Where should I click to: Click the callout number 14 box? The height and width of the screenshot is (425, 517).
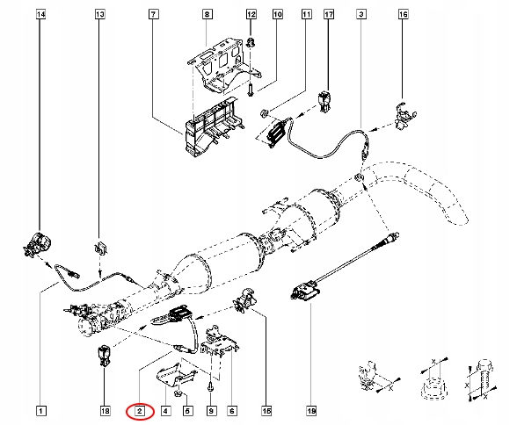pyautogui.click(x=40, y=16)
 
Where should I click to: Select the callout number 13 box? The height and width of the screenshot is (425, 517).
pyautogui.click(x=99, y=16)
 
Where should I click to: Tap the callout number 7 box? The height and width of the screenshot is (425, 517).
pyautogui.click(x=154, y=16)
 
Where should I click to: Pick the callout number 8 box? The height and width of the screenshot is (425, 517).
pyautogui.click(x=208, y=16)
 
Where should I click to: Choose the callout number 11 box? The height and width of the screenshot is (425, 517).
pyautogui.click(x=306, y=16)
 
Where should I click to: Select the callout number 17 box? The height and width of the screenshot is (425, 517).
pyautogui.click(x=328, y=16)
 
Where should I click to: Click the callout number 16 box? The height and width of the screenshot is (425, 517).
pyautogui.click(x=404, y=16)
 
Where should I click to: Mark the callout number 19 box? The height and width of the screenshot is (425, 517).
pyautogui.click(x=310, y=410)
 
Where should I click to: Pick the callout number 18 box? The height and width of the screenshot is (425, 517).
pyautogui.click(x=104, y=410)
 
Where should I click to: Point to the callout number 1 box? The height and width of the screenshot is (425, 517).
pyautogui.click(x=40, y=410)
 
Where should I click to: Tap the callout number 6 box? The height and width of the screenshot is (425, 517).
pyautogui.click(x=232, y=410)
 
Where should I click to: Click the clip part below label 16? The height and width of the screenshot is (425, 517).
pyautogui.click(x=401, y=117)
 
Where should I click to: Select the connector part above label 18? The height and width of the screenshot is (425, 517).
pyautogui.click(x=105, y=357)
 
